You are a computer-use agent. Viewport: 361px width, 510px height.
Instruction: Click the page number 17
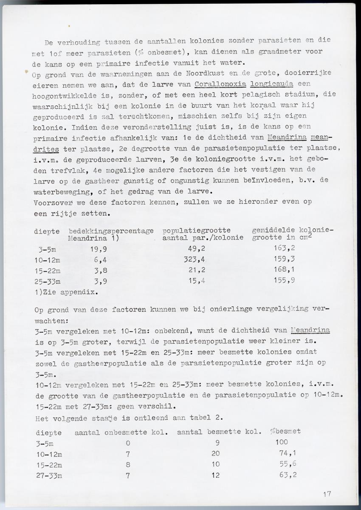pyautogui.click(x=327, y=494)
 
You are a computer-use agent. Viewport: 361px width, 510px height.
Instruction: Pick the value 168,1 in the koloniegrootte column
pyautogui.click(x=284, y=270)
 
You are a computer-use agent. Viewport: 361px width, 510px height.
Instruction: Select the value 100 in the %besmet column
pyautogui.click(x=282, y=443)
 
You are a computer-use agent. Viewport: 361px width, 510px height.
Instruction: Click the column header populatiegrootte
pyautogui.click(x=197, y=231)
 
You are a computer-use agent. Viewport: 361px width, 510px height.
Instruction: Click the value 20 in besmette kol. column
pyautogui.click(x=215, y=454)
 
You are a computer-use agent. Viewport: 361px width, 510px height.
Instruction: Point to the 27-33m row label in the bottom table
pyautogui.click(x=49, y=476)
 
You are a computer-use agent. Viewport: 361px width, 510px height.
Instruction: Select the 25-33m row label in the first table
pyautogui.click(x=47, y=281)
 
